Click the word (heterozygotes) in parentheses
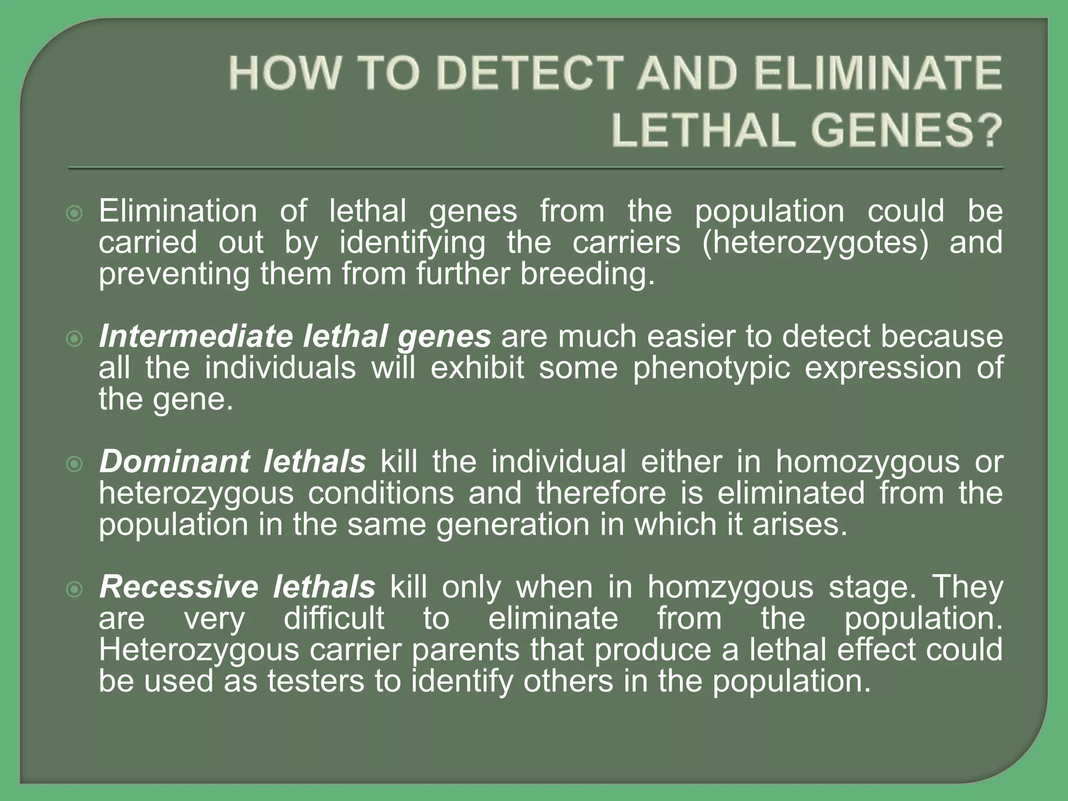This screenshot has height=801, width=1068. point(815,243)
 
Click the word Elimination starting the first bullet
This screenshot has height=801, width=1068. point(178,211)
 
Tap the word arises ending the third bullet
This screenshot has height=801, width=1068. point(799,525)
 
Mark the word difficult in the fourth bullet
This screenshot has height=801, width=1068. point(334,618)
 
